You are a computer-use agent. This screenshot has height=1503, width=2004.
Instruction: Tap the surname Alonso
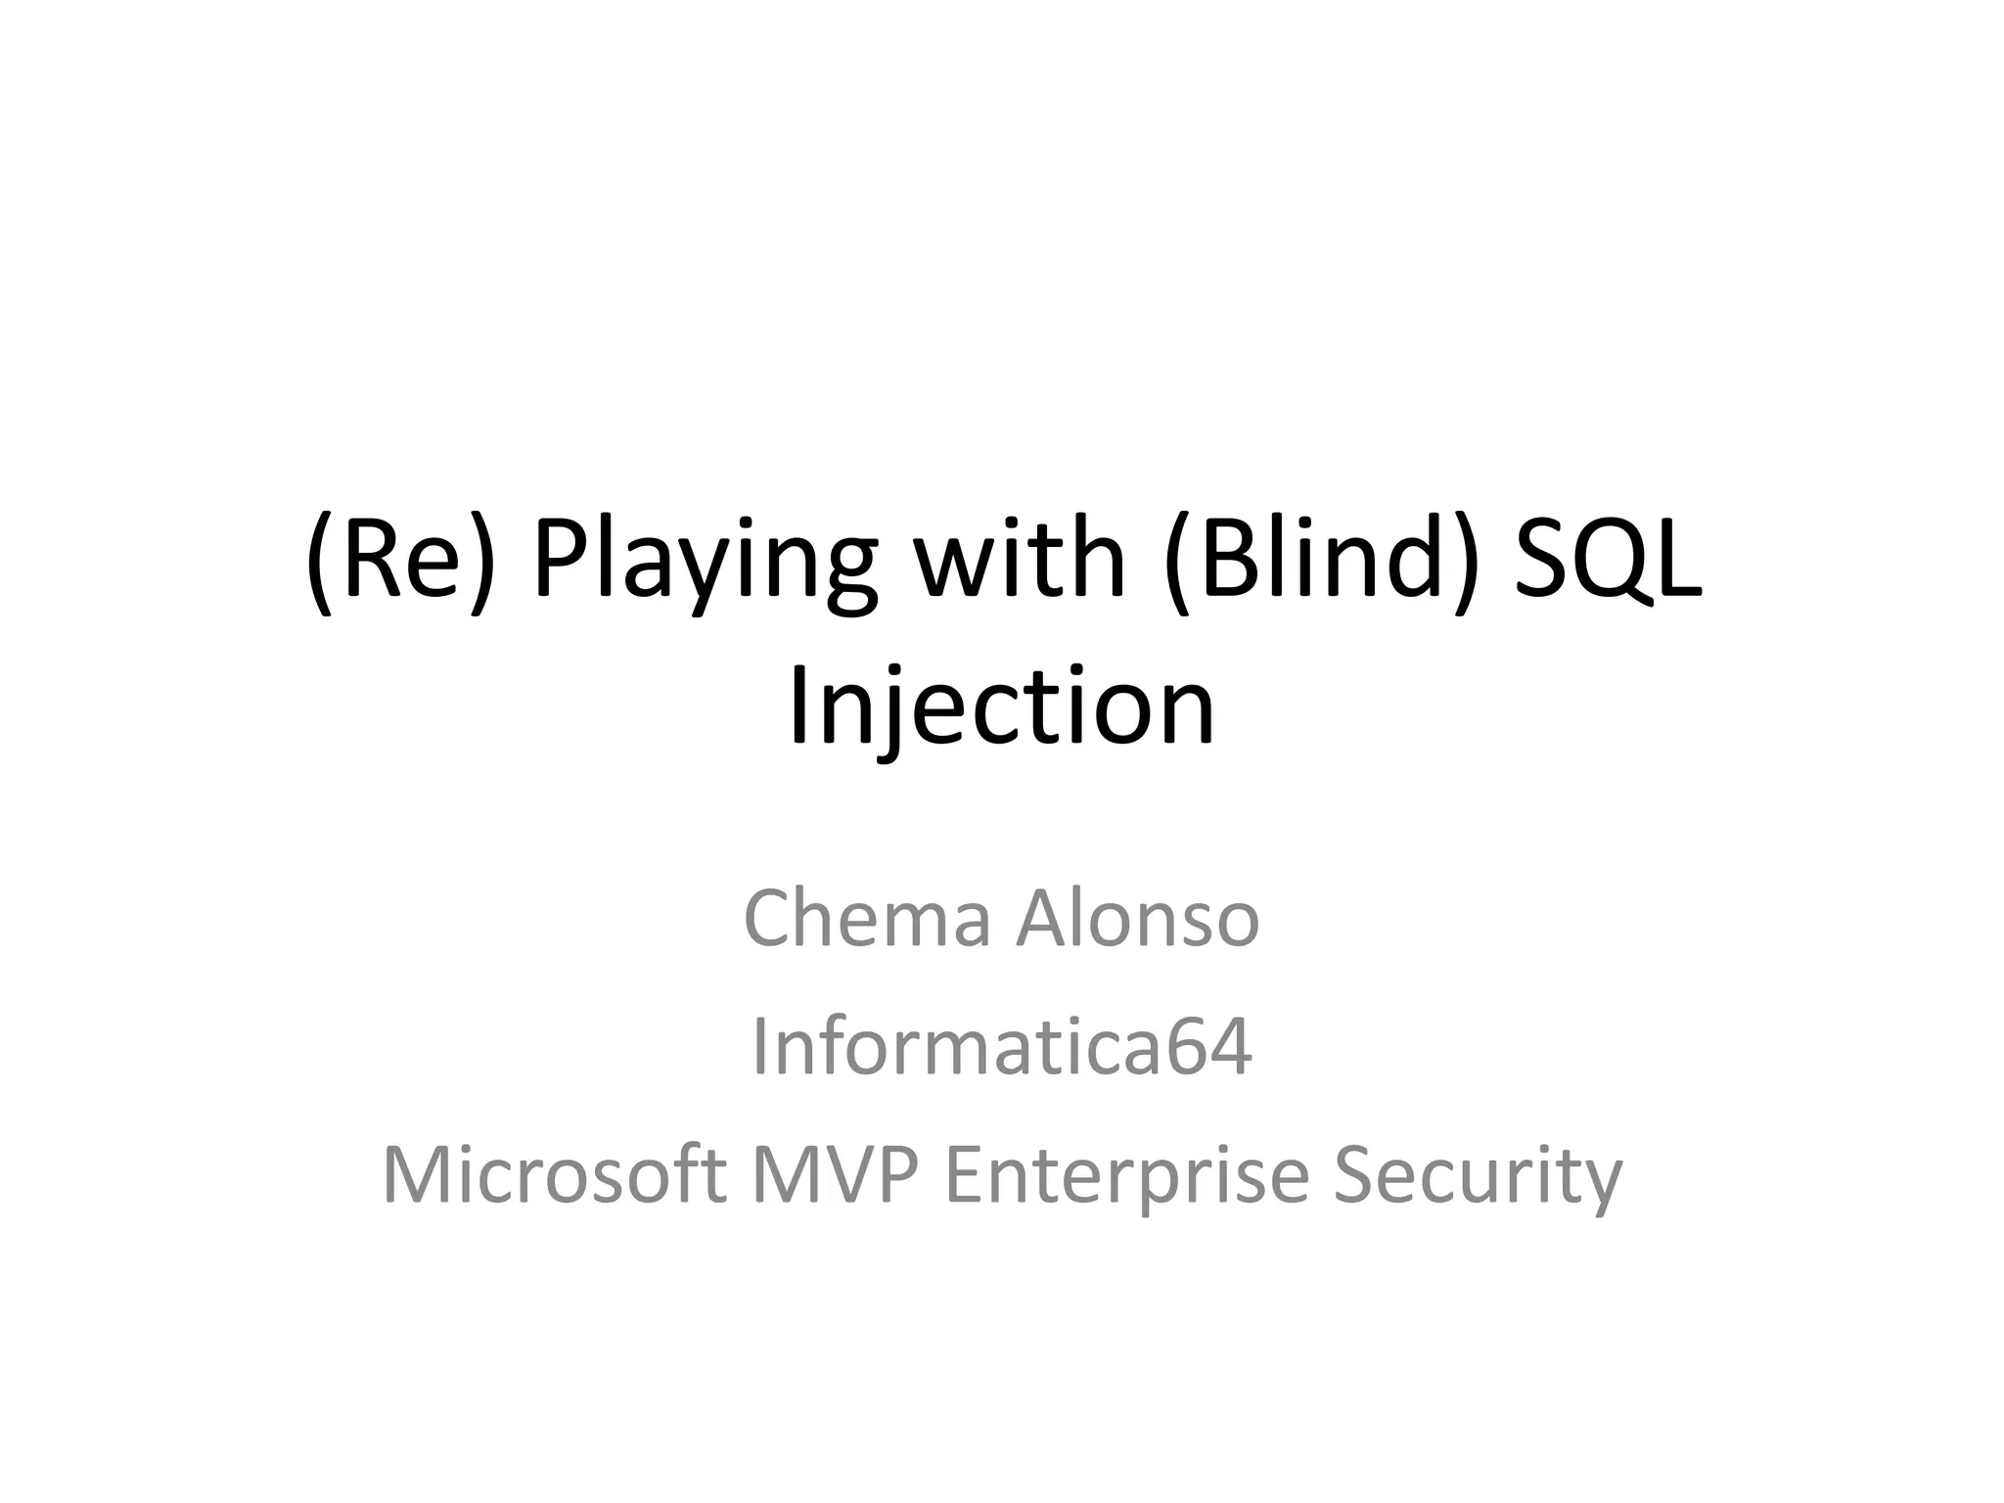point(1138,919)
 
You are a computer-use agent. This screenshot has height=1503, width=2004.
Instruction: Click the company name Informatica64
point(1001,1048)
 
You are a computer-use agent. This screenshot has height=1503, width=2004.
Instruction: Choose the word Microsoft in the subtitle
point(554,1175)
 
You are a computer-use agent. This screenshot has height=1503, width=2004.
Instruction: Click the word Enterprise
point(1126,1175)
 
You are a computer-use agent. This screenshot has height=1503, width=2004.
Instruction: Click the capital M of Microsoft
point(416,1175)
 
